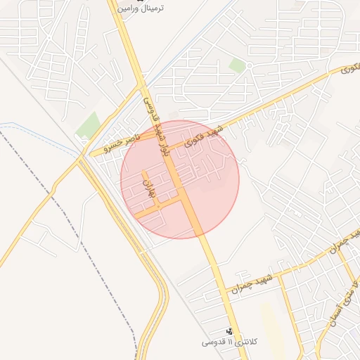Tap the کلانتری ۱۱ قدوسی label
pos(229,342)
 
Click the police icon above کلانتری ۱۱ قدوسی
pos(229,331)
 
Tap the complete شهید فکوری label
pos(204,136)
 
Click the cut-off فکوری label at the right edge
pos(351,69)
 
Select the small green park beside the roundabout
pos(238,65)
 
